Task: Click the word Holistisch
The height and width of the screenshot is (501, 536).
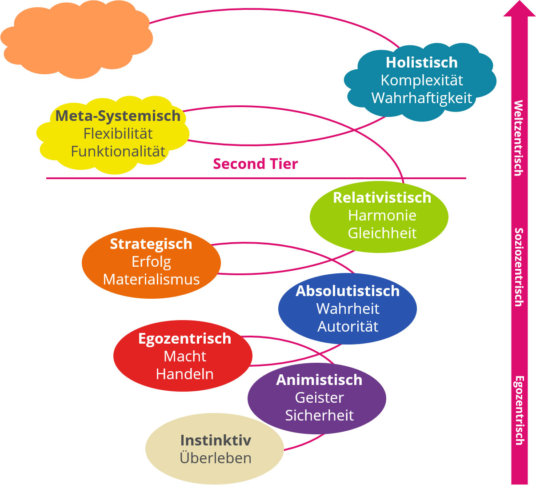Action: [x=421, y=63]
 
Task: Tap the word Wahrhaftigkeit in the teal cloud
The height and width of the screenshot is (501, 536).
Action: [x=421, y=98]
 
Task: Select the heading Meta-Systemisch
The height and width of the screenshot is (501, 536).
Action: [x=118, y=116]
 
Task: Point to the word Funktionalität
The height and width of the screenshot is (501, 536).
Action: [x=118, y=152]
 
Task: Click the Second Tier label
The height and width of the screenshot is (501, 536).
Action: [x=255, y=164]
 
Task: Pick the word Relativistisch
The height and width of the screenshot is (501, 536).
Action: [x=382, y=198]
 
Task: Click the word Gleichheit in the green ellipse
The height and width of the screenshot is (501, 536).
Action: [x=382, y=233]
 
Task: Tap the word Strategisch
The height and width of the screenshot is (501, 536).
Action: [x=151, y=244]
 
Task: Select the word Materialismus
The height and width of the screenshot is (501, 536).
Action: [x=151, y=280]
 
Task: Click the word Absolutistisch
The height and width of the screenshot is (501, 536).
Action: [x=348, y=291]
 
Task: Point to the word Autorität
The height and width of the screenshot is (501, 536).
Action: [x=348, y=327]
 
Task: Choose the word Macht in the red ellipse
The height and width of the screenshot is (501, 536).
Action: [x=184, y=357]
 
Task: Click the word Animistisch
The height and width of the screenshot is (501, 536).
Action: [x=319, y=380]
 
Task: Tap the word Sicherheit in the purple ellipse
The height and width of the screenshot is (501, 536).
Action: [x=319, y=416]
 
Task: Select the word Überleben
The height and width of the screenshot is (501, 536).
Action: [x=216, y=458]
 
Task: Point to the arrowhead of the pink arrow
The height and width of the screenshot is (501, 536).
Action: [x=519, y=9]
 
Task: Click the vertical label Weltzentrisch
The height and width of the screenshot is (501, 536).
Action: [x=518, y=138]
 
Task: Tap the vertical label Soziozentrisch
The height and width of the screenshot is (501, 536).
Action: [x=518, y=267]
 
